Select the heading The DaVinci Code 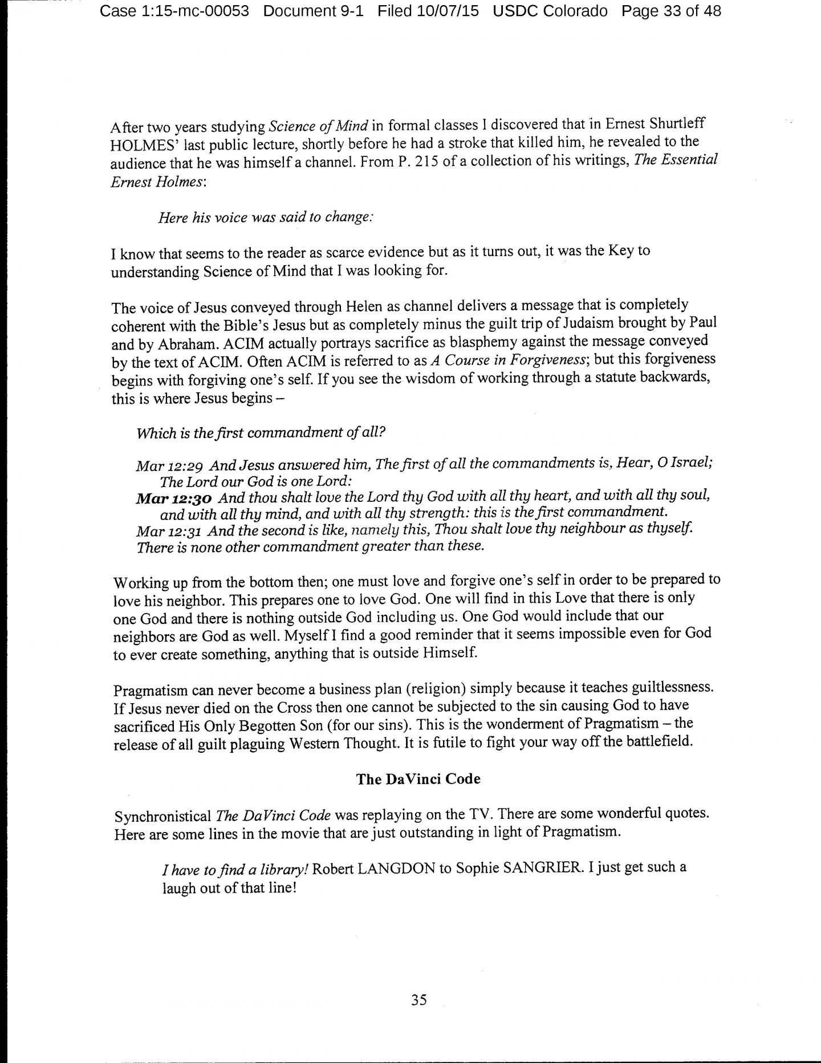(x=418, y=779)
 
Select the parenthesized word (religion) (x=442, y=689)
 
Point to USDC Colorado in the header (x=550, y=11)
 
